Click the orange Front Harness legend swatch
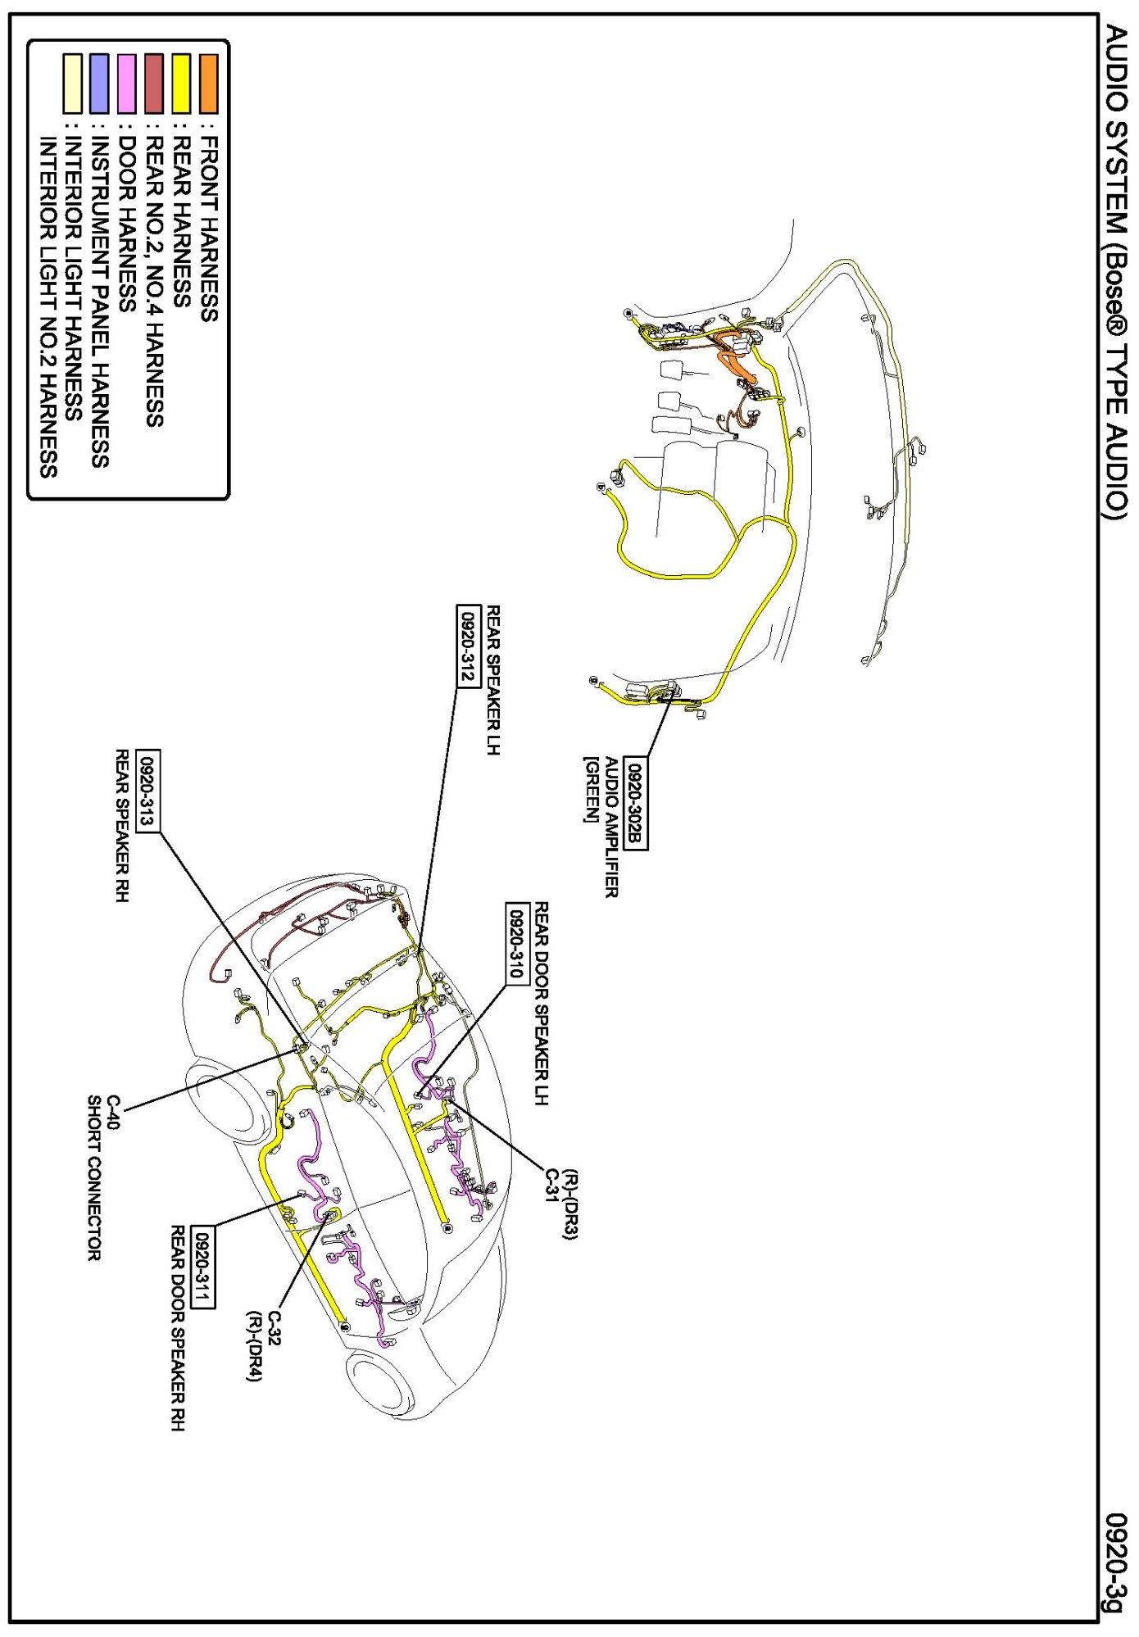coord(209,84)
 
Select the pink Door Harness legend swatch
coord(127,84)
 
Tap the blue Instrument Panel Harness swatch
coord(99,84)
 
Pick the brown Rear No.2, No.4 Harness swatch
coord(154,84)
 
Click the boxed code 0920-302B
coord(636,803)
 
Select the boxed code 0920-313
coord(148,791)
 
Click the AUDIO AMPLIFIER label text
coord(610,828)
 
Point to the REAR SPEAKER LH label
coord(493,680)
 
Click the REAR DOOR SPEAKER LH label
coord(541,1004)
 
